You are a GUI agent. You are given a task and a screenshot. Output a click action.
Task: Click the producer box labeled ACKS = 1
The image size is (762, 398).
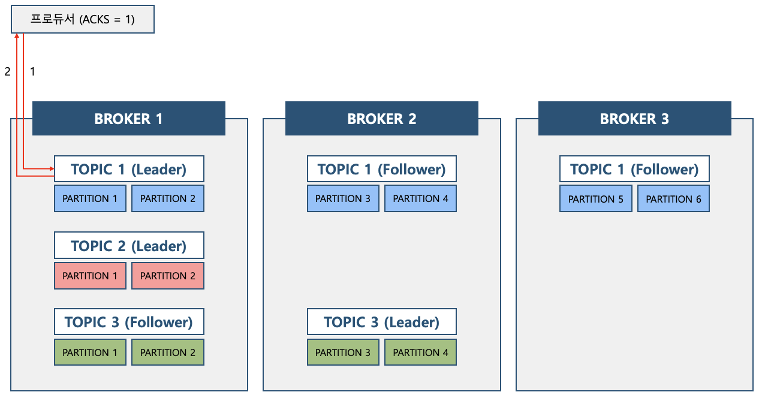83,19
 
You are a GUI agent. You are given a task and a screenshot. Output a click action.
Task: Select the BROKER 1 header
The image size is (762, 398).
128,118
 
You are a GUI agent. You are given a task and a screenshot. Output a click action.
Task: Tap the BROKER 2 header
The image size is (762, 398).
382,118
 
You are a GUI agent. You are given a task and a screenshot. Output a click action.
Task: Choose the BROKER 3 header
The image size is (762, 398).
635,118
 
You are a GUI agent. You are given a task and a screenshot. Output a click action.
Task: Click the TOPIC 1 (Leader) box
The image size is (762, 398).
129,169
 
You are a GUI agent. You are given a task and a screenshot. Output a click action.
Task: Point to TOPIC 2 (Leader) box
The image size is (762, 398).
129,246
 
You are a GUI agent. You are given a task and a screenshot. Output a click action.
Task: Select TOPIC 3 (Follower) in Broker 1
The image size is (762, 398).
129,322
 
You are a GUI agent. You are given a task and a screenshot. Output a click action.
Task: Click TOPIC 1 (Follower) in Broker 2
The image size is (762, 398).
382,169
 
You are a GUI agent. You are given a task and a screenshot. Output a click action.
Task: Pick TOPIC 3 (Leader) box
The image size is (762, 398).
382,322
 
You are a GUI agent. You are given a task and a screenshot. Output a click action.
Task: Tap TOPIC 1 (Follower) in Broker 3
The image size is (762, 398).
634,169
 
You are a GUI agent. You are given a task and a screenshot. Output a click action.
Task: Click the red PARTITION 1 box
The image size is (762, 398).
90,276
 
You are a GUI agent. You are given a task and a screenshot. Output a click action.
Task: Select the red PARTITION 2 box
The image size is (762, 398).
168,276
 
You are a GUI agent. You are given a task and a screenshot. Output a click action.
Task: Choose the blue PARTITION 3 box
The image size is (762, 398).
343,198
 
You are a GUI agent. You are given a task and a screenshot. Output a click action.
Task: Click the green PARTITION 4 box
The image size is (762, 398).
420,352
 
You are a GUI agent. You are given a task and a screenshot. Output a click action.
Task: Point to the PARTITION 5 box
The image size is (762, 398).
596,198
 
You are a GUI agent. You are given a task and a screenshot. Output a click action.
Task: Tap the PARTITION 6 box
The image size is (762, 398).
673,198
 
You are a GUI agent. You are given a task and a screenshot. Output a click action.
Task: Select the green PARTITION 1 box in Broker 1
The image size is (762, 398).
90,352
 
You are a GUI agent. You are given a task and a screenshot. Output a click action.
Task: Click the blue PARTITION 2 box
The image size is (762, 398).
168,198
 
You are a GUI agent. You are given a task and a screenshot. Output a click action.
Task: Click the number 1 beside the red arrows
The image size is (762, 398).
32,71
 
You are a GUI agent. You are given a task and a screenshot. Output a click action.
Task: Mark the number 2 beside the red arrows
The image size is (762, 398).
7,71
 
